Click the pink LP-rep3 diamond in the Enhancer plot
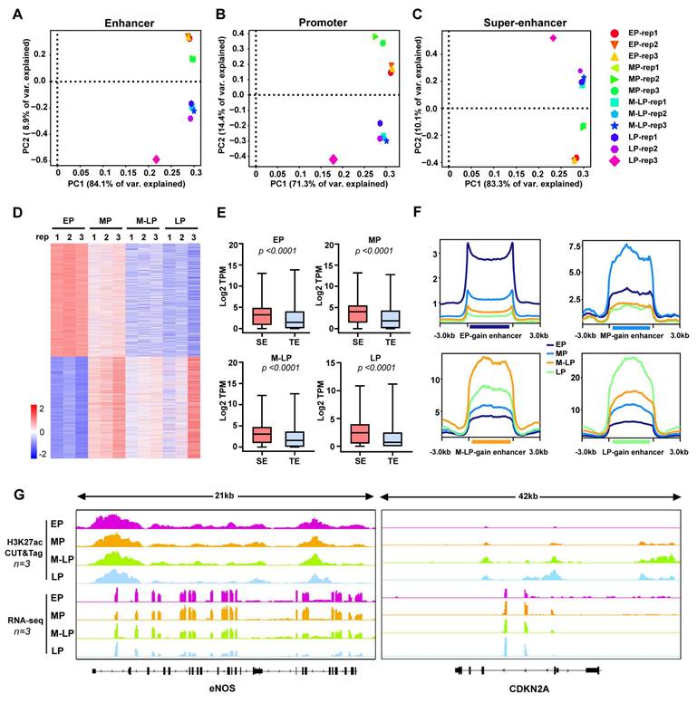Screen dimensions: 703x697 [x=157, y=159]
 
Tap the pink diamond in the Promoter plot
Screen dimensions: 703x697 [x=334, y=159]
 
